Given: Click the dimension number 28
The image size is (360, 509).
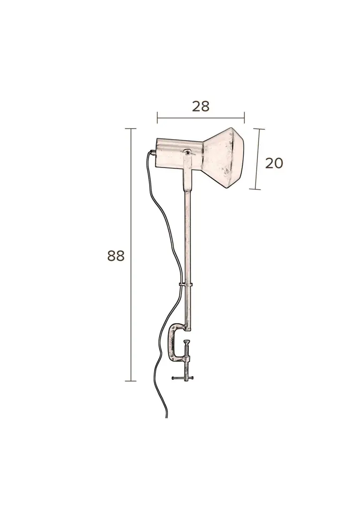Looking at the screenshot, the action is click(x=200, y=106).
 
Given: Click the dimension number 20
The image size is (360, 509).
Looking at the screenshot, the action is click(x=274, y=163).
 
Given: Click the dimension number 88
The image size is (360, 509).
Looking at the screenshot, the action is click(x=116, y=256).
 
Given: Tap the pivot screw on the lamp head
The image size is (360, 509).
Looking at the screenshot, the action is click(x=187, y=152).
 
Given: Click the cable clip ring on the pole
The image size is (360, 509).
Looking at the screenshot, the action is click(x=185, y=285).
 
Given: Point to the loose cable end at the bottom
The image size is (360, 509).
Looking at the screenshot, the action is click(x=167, y=417).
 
